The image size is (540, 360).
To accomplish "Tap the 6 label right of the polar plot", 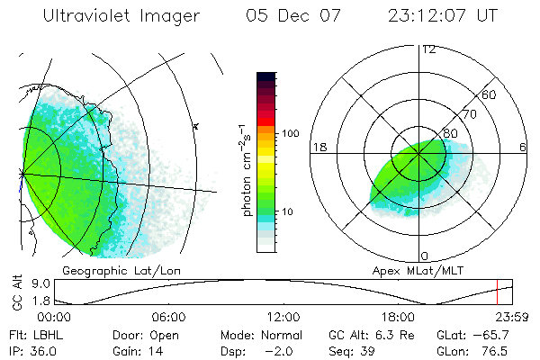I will [522, 147].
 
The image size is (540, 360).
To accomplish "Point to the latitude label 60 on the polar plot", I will [490, 95].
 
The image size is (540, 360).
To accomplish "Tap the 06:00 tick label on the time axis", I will [168, 317].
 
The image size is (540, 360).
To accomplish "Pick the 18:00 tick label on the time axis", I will [398, 317].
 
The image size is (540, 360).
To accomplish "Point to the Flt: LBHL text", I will [36, 334].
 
